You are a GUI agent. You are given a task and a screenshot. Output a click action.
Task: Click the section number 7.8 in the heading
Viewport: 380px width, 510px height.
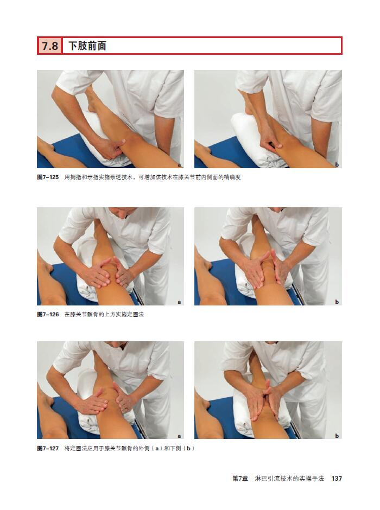tap(50, 46)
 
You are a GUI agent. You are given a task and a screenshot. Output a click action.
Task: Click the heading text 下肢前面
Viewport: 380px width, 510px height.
tap(87, 46)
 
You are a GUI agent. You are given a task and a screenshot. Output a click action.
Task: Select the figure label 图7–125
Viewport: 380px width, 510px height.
tap(48, 177)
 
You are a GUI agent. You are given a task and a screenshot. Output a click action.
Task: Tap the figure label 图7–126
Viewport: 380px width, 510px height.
tap(48, 315)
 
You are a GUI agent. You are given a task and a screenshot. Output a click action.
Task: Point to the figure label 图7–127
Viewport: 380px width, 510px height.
tap(48, 449)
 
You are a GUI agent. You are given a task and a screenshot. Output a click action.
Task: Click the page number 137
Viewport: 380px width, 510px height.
tap(337, 479)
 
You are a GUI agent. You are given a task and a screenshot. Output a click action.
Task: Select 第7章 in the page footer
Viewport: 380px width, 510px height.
tap(240, 479)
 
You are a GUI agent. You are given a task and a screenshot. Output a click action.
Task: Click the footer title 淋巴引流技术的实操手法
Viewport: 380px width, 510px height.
tap(289, 479)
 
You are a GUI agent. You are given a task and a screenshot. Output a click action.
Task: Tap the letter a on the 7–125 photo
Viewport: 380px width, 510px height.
tap(179, 165)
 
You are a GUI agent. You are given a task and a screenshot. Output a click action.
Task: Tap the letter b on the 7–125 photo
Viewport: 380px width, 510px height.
tap(337, 165)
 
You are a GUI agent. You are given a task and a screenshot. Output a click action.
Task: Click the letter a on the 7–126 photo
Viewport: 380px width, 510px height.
tap(179, 302)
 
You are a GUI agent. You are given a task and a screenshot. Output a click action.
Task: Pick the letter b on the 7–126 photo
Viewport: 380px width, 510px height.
tap(337, 302)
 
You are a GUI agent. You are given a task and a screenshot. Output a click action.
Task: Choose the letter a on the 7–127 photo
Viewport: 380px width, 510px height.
tap(179, 436)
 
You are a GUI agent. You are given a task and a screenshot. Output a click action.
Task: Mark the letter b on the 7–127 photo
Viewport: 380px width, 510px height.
tap(337, 436)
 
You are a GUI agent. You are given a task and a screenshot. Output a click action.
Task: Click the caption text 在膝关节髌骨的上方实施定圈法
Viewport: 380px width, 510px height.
tap(104, 315)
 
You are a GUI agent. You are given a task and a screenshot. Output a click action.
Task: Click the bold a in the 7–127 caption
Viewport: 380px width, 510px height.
tap(157, 449)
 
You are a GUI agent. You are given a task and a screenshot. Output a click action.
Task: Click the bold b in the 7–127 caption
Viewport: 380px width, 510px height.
tap(188, 449)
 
